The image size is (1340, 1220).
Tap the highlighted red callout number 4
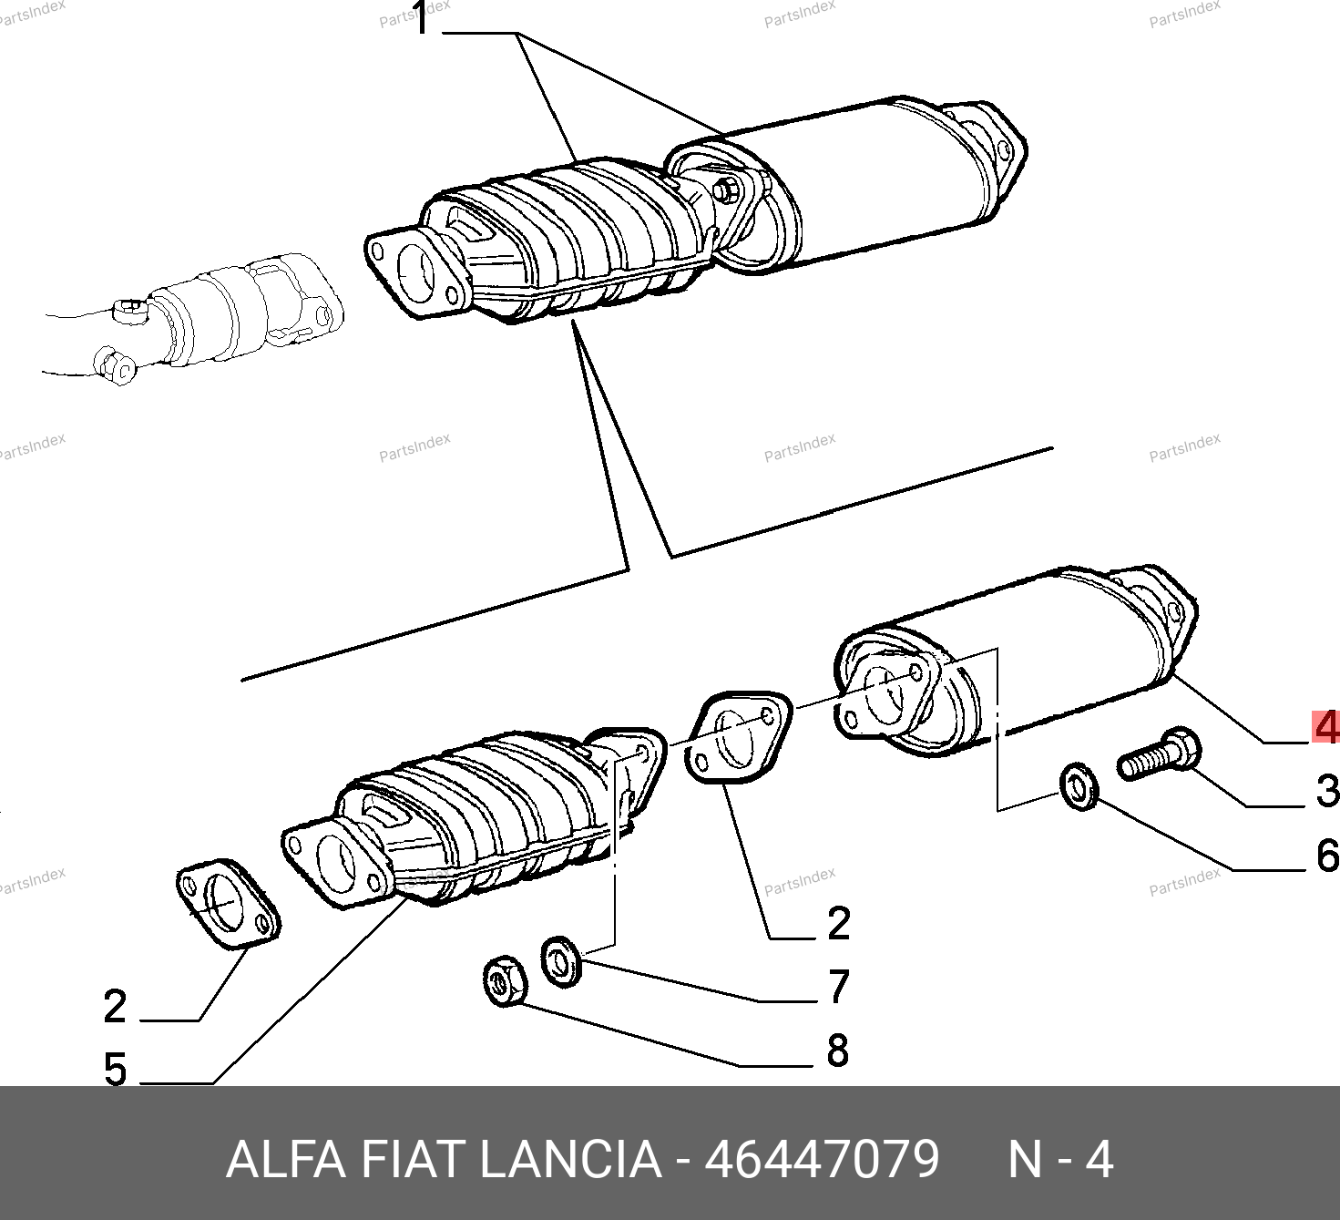[x=1326, y=727]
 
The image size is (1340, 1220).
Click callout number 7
[x=839, y=986]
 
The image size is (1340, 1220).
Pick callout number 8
[x=838, y=1051]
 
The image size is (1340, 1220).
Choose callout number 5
[x=115, y=1070]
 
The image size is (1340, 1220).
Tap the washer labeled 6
[x=1079, y=787]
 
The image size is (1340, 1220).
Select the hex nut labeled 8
[x=505, y=980]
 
